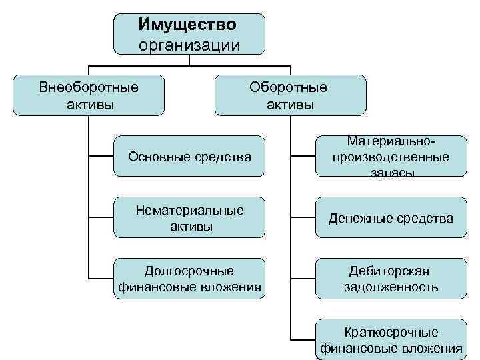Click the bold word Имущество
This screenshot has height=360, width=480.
point(187,25)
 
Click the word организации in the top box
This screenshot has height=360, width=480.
point(189,44)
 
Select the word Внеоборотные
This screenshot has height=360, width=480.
point(89,87)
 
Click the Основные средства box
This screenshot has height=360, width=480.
point(190,157)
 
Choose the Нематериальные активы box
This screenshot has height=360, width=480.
point(190,217)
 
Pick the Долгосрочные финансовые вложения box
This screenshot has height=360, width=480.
point(190,279)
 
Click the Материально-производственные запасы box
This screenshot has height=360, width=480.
point(391,157)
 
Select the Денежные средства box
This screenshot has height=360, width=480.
point(391,218)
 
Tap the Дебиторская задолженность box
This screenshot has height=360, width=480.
point(391,279)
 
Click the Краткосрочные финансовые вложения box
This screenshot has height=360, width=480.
point(391,339)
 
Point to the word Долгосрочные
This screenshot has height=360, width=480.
point(189,271)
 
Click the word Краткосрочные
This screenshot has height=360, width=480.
point(391,331)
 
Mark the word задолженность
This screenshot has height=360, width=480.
point(391,287)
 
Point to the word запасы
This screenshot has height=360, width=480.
point(391,173)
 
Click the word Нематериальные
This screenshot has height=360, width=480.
point(189,210)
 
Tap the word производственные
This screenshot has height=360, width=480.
point(391,157)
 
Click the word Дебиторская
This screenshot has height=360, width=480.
point(390,271)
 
